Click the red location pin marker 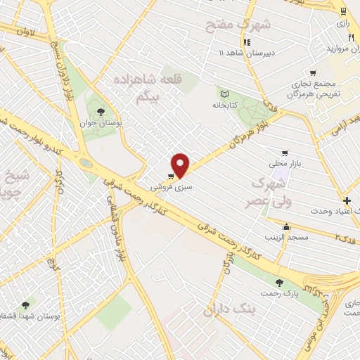(x=181, y=165)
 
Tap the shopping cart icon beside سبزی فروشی (x=172, y=176)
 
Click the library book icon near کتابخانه (x=224, y=94)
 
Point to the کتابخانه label (x=226, y=105)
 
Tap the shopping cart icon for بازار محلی (x=285, y=153)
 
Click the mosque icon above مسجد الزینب (x=286, y=226)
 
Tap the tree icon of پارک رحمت (x=280, y=283)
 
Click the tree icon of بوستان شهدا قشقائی (x=26, y=304)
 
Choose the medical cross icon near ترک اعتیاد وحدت (x=347, y=200)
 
